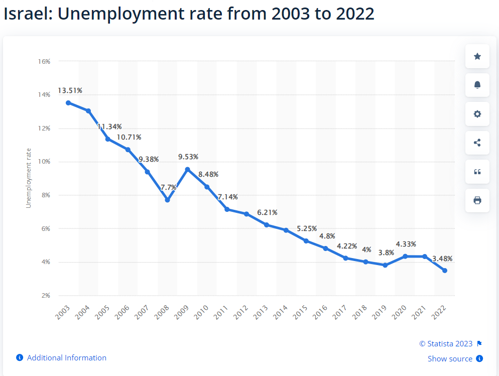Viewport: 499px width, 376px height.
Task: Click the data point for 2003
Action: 68,102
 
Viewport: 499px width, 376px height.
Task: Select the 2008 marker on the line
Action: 167,200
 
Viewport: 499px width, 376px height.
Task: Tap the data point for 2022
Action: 445,271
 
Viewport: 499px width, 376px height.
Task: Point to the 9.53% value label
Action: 188,157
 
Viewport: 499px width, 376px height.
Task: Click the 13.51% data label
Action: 70,91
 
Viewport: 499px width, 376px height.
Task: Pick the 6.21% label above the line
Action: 268,212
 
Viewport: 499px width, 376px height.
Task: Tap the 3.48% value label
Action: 442,259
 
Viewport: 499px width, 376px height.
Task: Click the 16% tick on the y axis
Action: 44,61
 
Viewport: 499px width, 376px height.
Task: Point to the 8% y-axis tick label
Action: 46,195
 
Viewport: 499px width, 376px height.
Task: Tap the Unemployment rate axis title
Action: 29,178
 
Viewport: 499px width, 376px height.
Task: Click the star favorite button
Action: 477,57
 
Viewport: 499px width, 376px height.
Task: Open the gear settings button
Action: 477,114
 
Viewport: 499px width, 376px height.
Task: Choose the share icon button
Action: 477,143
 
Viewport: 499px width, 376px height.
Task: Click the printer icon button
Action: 477,200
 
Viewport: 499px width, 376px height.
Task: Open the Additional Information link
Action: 66,358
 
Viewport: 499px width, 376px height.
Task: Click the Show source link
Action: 450,358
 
